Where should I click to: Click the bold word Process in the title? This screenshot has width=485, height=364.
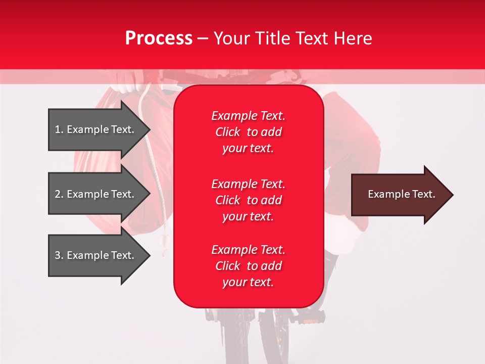pyautogui.click(x=159, y=38)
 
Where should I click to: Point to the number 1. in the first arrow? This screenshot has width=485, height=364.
pyautogui.click(x=59, y=129)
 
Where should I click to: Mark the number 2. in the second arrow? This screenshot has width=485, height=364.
pyautogui.click(x=59, y=194)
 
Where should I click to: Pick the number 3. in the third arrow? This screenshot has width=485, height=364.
pyautogui.click(x=59, y=255)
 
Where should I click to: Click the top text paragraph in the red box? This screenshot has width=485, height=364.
pyautogui.click(x=248, y=132)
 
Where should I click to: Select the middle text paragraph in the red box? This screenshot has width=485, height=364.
pyautogui.click(x=248, y=200)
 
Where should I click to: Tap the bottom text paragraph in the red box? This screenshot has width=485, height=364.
pyautogui.click(x=248, y=266)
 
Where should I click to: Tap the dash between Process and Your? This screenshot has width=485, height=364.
pyautogui.click(x=203, y=39)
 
